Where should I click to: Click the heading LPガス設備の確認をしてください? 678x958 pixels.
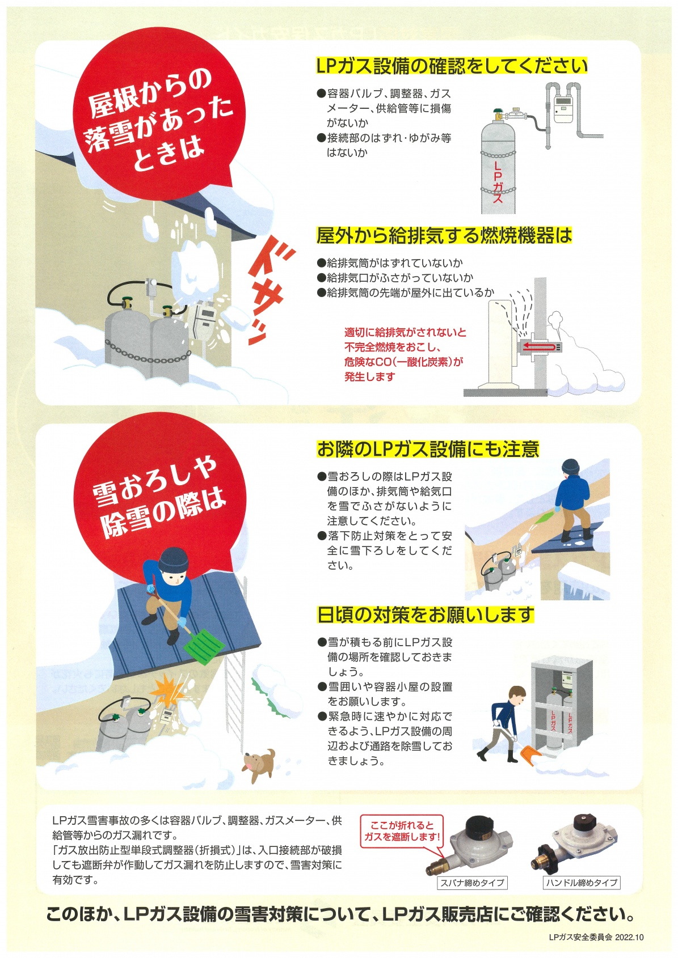click(452, 66)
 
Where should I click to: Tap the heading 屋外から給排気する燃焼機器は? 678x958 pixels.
click(444, 235)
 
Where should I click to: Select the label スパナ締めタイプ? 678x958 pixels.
click(472, 882)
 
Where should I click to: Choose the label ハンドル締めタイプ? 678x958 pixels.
click(582, 882)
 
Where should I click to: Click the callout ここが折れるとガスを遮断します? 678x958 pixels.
click(402, 830)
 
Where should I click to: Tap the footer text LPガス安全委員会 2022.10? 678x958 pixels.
click(596, 937)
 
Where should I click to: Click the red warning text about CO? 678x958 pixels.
click(405, 354)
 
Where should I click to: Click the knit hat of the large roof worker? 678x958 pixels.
click(173, 560)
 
